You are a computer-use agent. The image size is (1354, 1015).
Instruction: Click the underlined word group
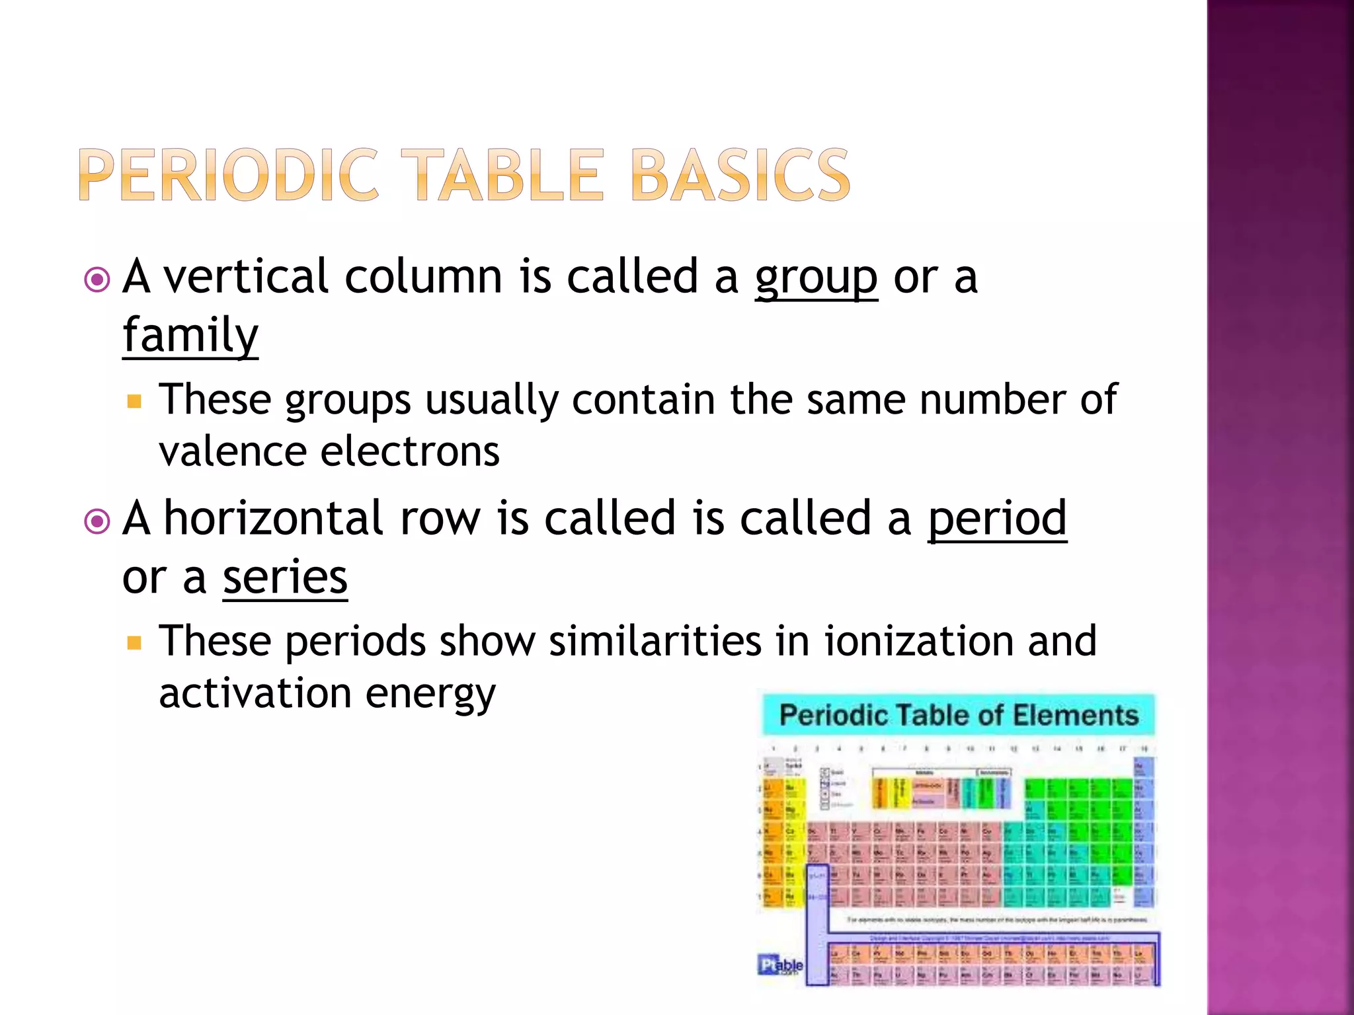[816, 278]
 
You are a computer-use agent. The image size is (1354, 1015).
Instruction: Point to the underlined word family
[190, 336]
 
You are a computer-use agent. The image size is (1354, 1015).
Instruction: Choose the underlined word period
[997, 519]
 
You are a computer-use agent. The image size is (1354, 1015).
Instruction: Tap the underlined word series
[285, 578]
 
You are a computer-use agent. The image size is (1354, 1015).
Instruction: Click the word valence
[232, 452]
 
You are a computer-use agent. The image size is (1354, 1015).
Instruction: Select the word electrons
[410, 452]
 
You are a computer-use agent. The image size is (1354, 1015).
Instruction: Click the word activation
[255, 694]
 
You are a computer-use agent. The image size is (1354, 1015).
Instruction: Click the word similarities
[655, 641]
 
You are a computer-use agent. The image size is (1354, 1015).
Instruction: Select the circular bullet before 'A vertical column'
[97, 280]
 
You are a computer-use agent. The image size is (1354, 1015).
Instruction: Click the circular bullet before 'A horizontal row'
[97, 522]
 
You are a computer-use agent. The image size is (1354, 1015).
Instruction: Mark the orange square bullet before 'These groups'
[135, 401]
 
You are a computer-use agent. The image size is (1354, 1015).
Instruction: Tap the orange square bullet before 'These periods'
[135, 643]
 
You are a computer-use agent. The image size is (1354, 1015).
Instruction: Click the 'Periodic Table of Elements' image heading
[959, 716]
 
